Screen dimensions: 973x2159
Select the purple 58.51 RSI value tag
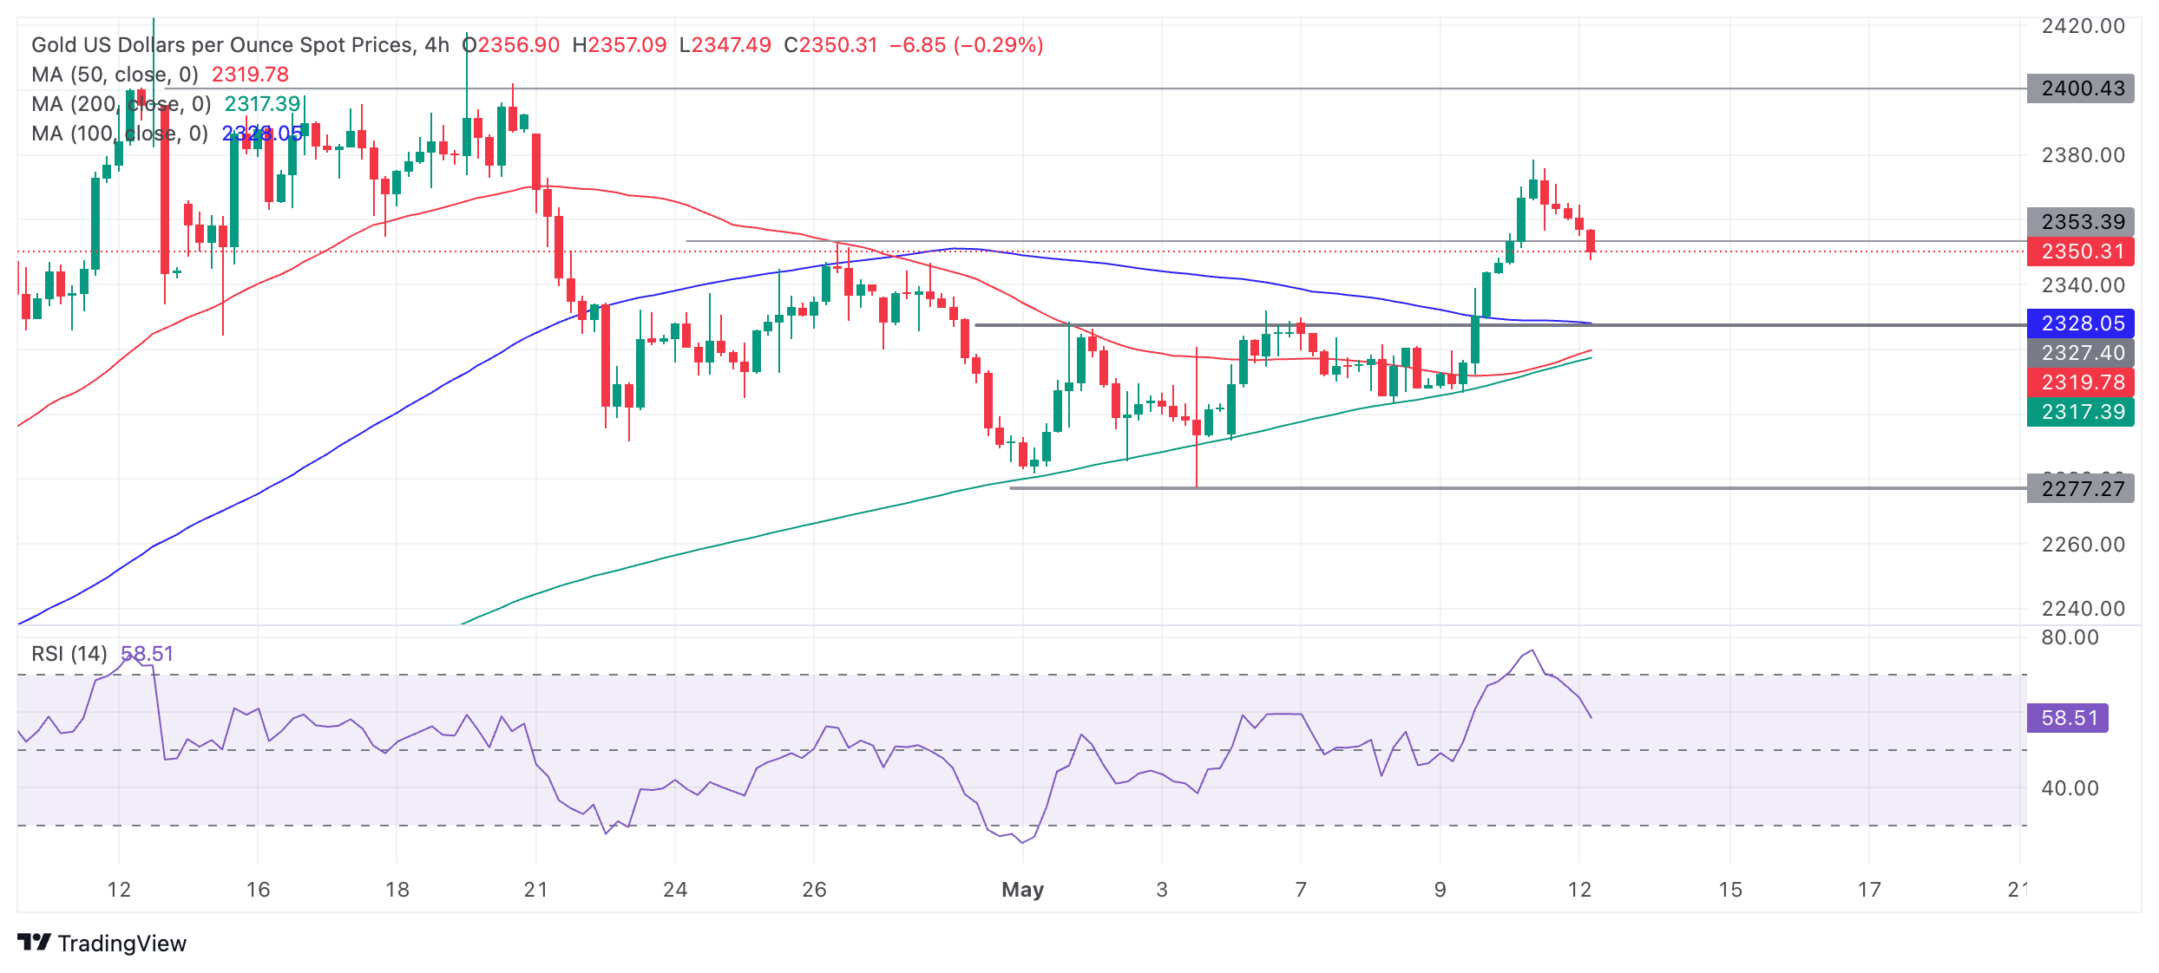tap(2068, 718)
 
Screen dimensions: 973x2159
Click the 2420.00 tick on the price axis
tap(2083, 26)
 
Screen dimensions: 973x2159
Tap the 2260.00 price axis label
tap(2083, 545)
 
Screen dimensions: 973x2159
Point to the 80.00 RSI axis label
tap(2070, 637)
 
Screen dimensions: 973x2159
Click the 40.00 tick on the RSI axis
tap(2070, 788)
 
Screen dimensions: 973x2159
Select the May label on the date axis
tap(1022, 890)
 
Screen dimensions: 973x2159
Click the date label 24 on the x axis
tap(675, 890)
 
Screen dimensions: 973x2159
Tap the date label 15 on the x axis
tap(1730, 890)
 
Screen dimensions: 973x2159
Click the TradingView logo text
tap(121, 944)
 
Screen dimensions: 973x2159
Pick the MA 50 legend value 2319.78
tap(250, 75)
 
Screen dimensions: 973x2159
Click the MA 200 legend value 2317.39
tap(262, 104)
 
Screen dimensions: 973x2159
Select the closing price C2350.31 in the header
tap(830, 45)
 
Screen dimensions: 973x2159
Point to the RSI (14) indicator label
tap(69, 654)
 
